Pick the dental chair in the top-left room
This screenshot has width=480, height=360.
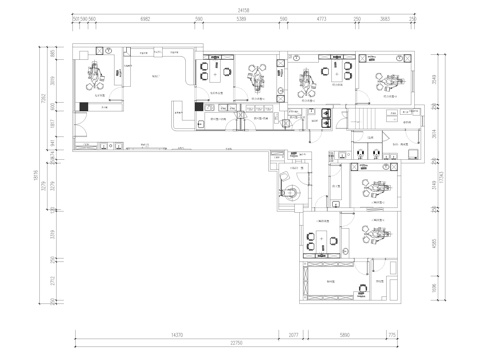tap(98, 71)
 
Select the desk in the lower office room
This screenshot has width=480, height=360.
tap(320, 236)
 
